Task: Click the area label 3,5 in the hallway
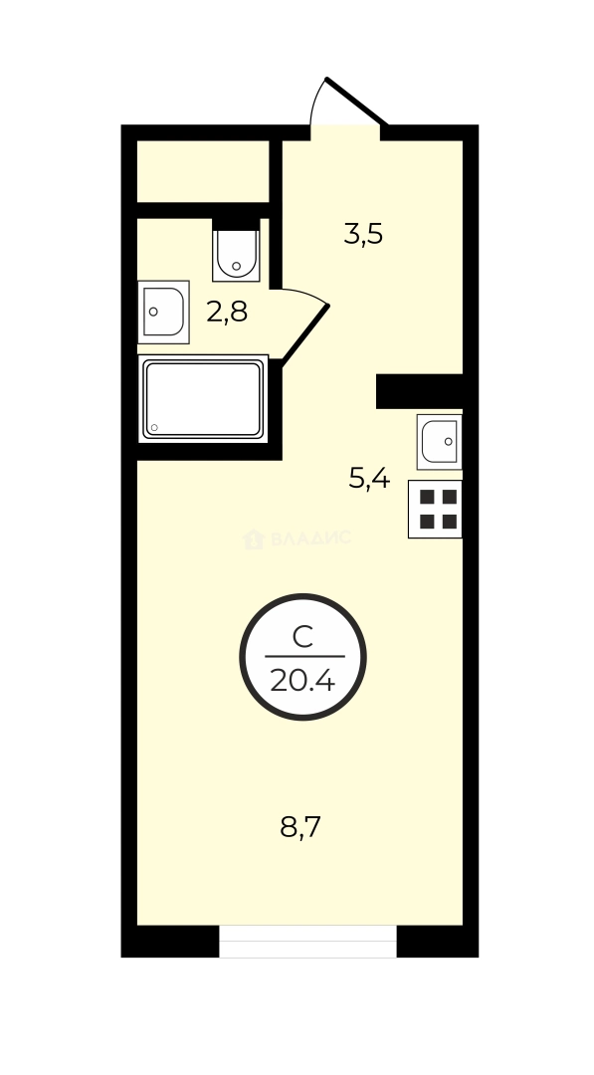click(x=363, y=236)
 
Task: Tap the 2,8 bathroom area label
click(x=227, y=313)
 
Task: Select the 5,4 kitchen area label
click(x=368, y=479)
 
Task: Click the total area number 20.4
click(x=303, y=682)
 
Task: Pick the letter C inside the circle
click(x=303, y=637)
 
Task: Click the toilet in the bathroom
click(x=236, y=255)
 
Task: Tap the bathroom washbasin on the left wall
click(x=162, y=312)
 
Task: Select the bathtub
click(x=203, y=399)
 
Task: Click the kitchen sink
click(x=439, y=441)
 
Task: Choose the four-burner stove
click(x=435, y=509)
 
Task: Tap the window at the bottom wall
click(x=307, y=942)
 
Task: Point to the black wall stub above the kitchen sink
click(x=419, y=391)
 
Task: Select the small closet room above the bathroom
click(x=203, y=171)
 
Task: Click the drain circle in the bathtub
click(x=154, y=430)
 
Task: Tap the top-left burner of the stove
click(x=425, y=497)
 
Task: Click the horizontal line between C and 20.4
click(x=303, y=657)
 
